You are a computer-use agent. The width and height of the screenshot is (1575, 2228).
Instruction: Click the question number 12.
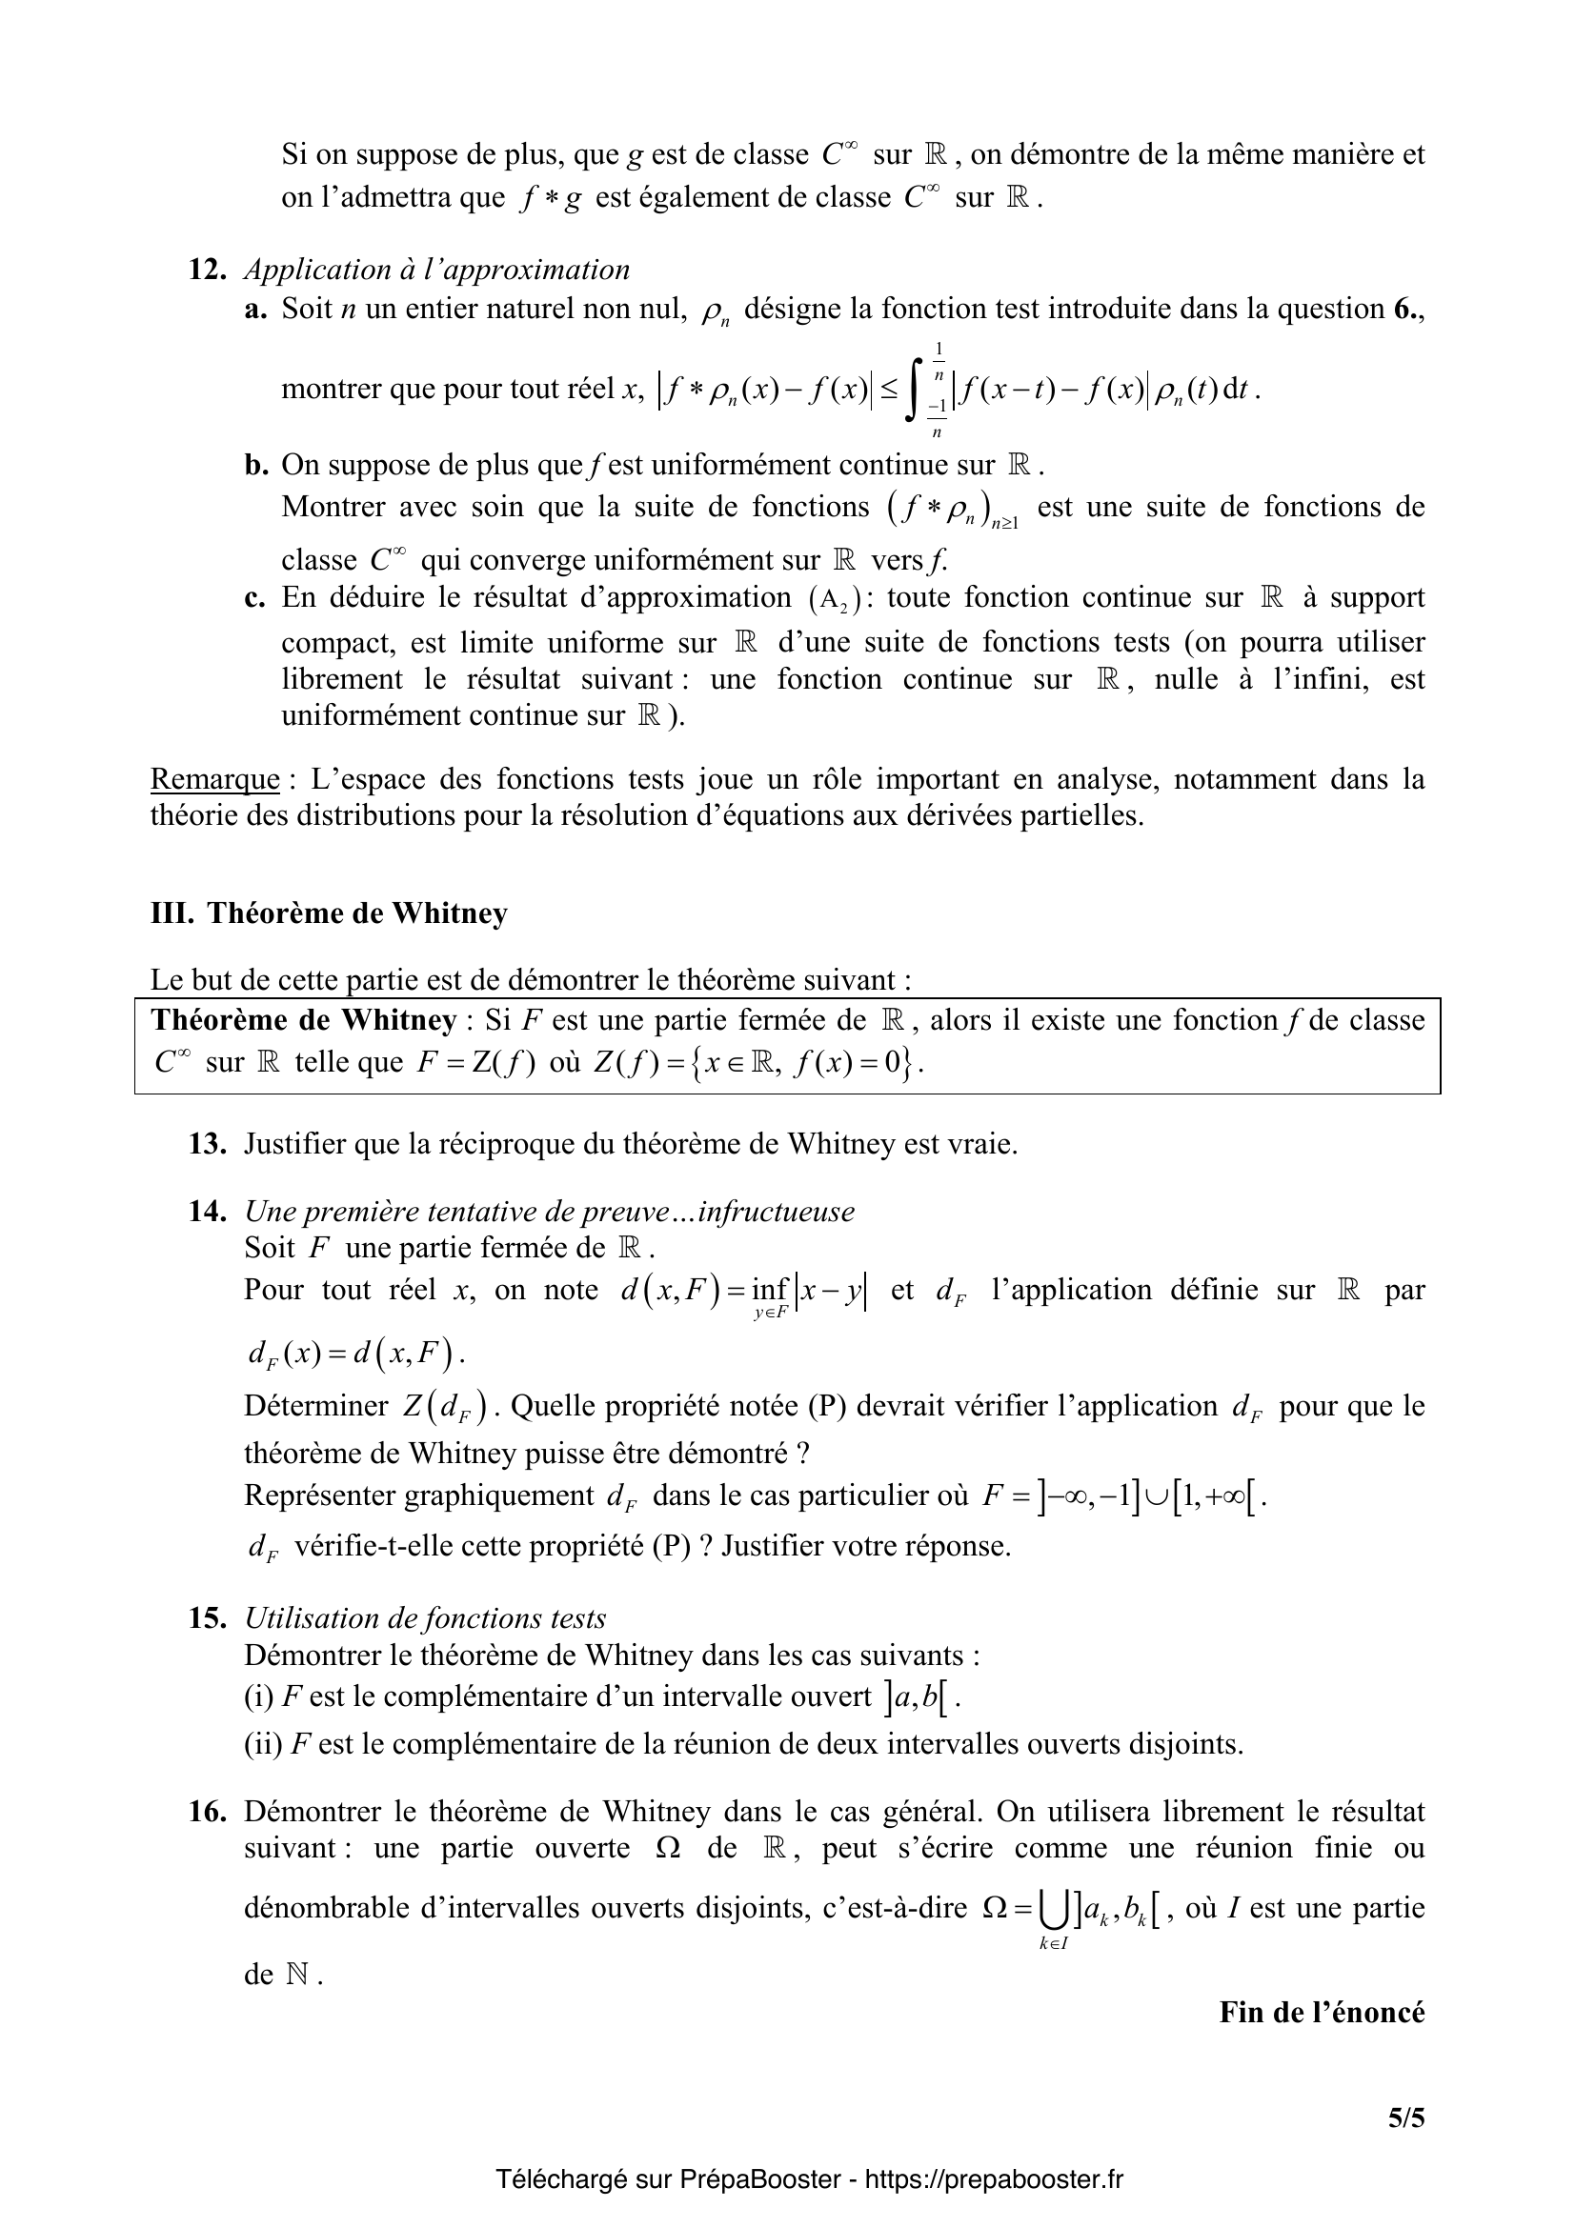[x=207, y=270]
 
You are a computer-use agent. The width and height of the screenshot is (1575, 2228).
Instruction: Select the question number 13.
[x=207, y=1144]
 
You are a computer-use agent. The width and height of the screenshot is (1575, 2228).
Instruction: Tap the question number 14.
[x=207, y=1211]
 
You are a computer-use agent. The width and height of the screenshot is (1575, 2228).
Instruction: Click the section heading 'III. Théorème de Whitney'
[x=329, y=913]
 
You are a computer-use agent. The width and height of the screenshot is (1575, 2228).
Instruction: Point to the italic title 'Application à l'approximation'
[x=436, y=270]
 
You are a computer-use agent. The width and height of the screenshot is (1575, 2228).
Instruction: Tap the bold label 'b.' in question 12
[x=256, y=465]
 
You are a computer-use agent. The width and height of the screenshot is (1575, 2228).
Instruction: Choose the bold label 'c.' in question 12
[x=256, y=597]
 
